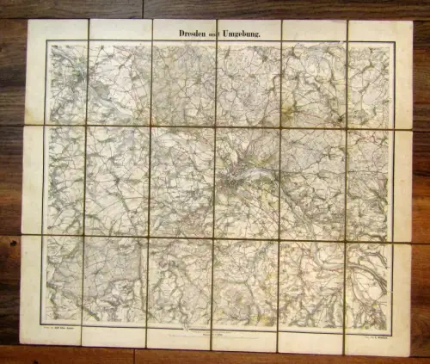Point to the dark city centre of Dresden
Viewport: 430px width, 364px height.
[234, 182]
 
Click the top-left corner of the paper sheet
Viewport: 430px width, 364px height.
[28, 21]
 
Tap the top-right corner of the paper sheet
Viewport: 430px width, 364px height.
[411, 22]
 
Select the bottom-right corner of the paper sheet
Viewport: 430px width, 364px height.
[412, 355]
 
